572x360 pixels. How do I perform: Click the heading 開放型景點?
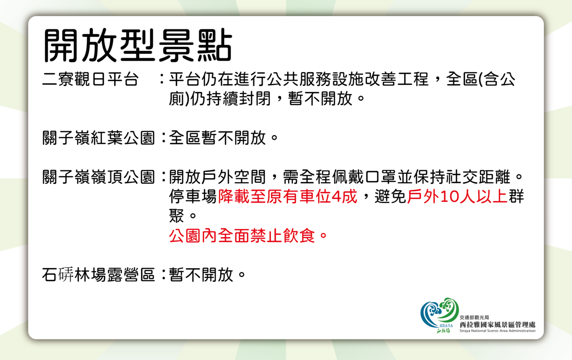(x=138, y=45)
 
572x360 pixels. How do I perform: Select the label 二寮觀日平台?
(x=90, y=79)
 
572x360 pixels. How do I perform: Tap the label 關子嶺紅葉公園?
(x=98, y=138)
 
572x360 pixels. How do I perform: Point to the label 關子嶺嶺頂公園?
(x=98, y=177)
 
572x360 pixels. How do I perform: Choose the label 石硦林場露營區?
(x=98, y=275)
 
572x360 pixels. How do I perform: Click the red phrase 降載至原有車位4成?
(x=287, y=196)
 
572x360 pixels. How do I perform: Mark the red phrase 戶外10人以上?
(x=457, y=196)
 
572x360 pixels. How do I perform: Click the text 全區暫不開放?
(x=217, y=138)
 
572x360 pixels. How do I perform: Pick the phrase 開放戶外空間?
(x=217, y=177)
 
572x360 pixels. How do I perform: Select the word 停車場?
(x=193, y=196)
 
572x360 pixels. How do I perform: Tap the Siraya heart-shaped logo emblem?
(x=439, y=313)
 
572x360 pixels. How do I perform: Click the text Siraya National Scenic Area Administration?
(x=498, y=330)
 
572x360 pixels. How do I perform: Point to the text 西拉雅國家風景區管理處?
(x=498, y=324)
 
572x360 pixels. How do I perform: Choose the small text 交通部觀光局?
(x=474, y=318)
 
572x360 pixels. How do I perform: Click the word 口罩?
(x=380, y=177)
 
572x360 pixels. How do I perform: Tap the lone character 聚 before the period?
(x=177, y=216)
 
